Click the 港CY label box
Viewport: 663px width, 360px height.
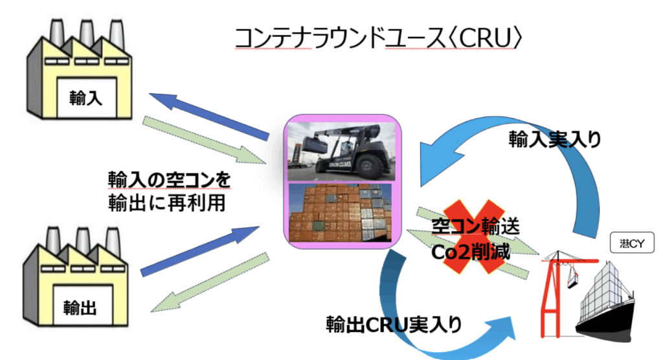pos(633,244)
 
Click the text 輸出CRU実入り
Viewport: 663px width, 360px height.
pos(394,324)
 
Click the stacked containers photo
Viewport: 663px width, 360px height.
pos(341,214)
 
